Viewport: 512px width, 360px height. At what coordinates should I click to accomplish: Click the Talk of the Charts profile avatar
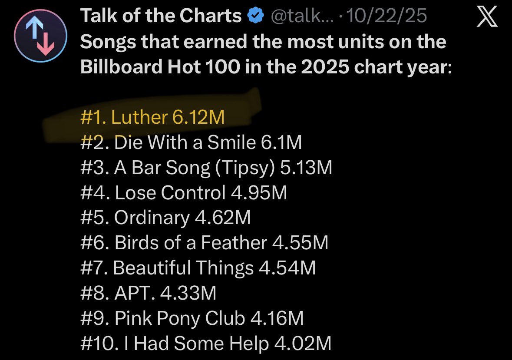click(x=40, y=36)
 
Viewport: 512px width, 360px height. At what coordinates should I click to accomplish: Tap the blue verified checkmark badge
click(x=256, y=15)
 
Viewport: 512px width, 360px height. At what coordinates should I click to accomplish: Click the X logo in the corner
click(x=487, y=17)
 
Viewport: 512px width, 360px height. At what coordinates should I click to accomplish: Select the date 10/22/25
click(x=386, y=16)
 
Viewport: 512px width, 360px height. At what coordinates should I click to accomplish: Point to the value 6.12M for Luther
click(x=198, y=117)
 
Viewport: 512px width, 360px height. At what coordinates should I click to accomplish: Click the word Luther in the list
click(x=139, y=117)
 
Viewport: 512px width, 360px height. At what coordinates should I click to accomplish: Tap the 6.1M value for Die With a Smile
click(x=281, y=142)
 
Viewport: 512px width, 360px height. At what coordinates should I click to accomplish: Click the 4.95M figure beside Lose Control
click(x=259, y=192)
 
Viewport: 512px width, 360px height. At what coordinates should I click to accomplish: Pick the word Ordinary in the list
click(x=152, y=218)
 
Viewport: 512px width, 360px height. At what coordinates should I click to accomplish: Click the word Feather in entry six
click(x=234, y=242)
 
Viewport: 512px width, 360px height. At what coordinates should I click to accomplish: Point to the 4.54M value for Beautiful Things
click(x=287, y=268)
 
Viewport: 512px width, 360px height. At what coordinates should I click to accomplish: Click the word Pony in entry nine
click(x=178, y=319)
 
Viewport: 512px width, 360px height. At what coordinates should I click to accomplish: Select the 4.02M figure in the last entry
click(x=303, y=343)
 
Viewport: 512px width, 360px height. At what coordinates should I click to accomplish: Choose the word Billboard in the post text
click(x=121, y=66)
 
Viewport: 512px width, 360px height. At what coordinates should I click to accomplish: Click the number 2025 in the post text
click(x=325, y=66)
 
